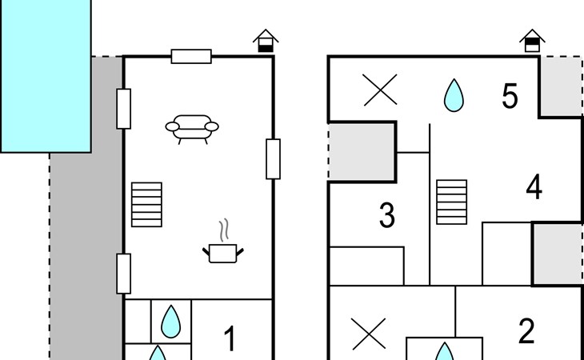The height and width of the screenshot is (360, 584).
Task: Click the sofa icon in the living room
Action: point(192,129)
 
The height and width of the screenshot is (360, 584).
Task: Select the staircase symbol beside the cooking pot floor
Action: point(146,204)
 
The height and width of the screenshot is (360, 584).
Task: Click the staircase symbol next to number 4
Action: point(452,202)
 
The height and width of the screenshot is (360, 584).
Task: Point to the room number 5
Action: point(510,96)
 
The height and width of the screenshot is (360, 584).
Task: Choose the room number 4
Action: point(534,187)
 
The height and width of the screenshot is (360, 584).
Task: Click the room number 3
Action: point(387,215)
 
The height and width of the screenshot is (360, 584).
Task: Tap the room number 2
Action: point(526,331)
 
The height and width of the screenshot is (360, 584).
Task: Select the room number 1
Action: point(230,338)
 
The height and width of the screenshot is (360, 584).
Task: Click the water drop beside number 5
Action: point(454,95)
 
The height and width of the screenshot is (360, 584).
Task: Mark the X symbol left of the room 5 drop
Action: point(380,90)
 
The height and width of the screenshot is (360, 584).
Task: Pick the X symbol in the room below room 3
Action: point(369,334)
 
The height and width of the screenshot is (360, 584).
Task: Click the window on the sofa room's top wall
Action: point(191,57)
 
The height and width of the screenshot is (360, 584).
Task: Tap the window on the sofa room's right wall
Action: point(273,159)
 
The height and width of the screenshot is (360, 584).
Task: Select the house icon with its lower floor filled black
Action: point(266,41)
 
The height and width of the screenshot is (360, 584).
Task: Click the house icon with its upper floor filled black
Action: point(532,41)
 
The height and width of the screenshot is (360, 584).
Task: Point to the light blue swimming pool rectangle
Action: point(46,76)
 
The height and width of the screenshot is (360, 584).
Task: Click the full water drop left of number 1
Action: point(171,322)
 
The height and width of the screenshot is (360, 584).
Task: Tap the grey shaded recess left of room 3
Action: point(362,152)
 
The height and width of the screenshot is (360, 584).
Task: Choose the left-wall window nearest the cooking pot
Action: point(124,274)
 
